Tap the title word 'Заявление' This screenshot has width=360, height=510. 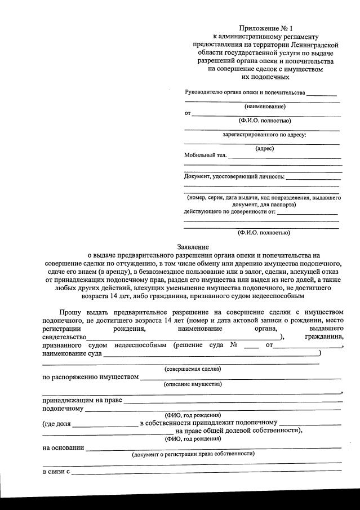(193, 247)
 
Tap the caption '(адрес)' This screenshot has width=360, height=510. (264, 149)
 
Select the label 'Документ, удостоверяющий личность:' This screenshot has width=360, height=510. (234, 177)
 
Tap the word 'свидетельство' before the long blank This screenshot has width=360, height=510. (64, 336)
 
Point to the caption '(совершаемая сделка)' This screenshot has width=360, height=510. (193, 369)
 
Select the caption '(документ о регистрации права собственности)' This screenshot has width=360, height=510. (193, 454)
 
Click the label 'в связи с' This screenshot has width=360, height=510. (56, 471)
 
